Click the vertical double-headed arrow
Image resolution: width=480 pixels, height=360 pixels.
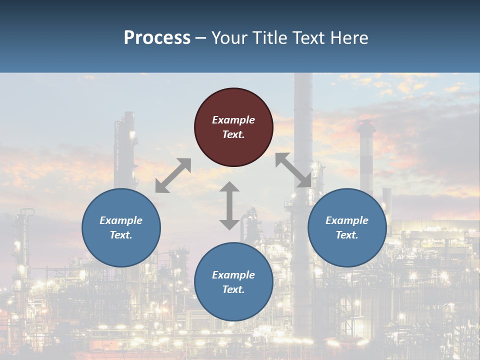pos(229,205)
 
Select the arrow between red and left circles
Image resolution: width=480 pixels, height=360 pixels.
pos(173,175)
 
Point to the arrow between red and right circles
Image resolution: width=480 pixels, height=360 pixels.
pos(293,170)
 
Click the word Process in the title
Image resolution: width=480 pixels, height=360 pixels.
pos(157,37)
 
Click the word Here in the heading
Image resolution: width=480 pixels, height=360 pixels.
pos(348,37)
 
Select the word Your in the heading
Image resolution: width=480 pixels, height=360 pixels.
pos(229,37)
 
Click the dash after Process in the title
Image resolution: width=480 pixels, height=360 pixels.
pos(201,38)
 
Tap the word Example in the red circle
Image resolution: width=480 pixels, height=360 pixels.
pos(233,120)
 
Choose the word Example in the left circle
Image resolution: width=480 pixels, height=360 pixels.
pos(121,220)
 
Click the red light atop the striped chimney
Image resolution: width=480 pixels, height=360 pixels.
pos(366,123)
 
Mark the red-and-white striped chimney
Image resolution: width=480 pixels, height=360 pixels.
pos(366,160)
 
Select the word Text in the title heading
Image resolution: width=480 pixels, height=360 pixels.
pos(305,37)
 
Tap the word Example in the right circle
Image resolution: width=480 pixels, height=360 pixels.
pos(347,220)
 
